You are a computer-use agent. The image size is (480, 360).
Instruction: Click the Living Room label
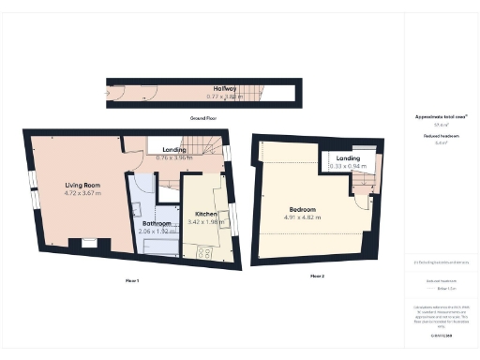(82, 184)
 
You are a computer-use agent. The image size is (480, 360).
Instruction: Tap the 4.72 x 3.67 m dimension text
(82, 193)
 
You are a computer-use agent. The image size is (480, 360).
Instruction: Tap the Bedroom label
(301, 209)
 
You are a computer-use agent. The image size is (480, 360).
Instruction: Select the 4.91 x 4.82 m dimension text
(302, 217)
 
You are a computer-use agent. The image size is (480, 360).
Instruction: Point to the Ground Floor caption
(203, 119)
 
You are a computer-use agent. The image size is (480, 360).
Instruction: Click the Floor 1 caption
(131, 280)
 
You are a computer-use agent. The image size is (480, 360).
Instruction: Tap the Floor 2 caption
(317, 276)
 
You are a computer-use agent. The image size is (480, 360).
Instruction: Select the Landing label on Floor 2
(349, 158)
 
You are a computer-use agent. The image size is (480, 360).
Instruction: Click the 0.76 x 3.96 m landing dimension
(173, 157)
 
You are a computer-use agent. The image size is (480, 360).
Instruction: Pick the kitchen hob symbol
(204, 251)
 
